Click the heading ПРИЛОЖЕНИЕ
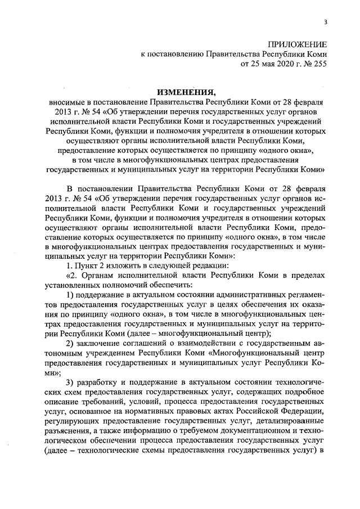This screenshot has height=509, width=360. (x=296, y=44)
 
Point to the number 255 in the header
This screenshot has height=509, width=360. (x=319, y=64)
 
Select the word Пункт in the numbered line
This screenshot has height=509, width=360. (x=87, y=265)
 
